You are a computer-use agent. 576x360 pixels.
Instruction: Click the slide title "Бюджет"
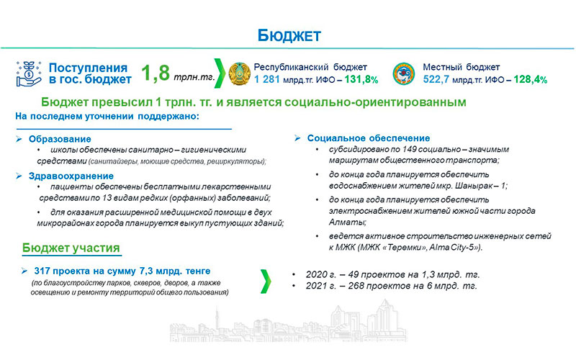[289, 35]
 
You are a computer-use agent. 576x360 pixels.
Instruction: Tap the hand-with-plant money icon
[28, 74]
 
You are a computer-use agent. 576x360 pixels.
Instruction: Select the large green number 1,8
[156, 73]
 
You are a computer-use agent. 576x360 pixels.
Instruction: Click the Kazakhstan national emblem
[240, 74]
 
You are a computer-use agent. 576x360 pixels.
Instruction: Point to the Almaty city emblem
[404, 74]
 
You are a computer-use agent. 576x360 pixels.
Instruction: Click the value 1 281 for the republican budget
[267, 79]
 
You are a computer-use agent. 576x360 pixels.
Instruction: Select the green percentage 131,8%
[361, 79]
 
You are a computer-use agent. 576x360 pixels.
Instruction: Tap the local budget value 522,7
[436, 79]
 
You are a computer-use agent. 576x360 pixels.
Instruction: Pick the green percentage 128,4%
[531, 79]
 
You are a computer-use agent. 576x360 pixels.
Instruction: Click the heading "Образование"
[60, 139]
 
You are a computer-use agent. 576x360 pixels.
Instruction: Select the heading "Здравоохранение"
[71, 176]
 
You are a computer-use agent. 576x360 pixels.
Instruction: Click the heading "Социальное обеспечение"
[369, 138]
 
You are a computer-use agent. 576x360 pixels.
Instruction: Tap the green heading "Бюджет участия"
[71, 248]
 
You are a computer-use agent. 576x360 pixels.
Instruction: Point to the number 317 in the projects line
[42, 271]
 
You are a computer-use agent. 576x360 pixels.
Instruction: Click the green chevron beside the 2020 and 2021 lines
[266, 281]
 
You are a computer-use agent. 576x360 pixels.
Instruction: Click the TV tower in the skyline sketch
[217, 319]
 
